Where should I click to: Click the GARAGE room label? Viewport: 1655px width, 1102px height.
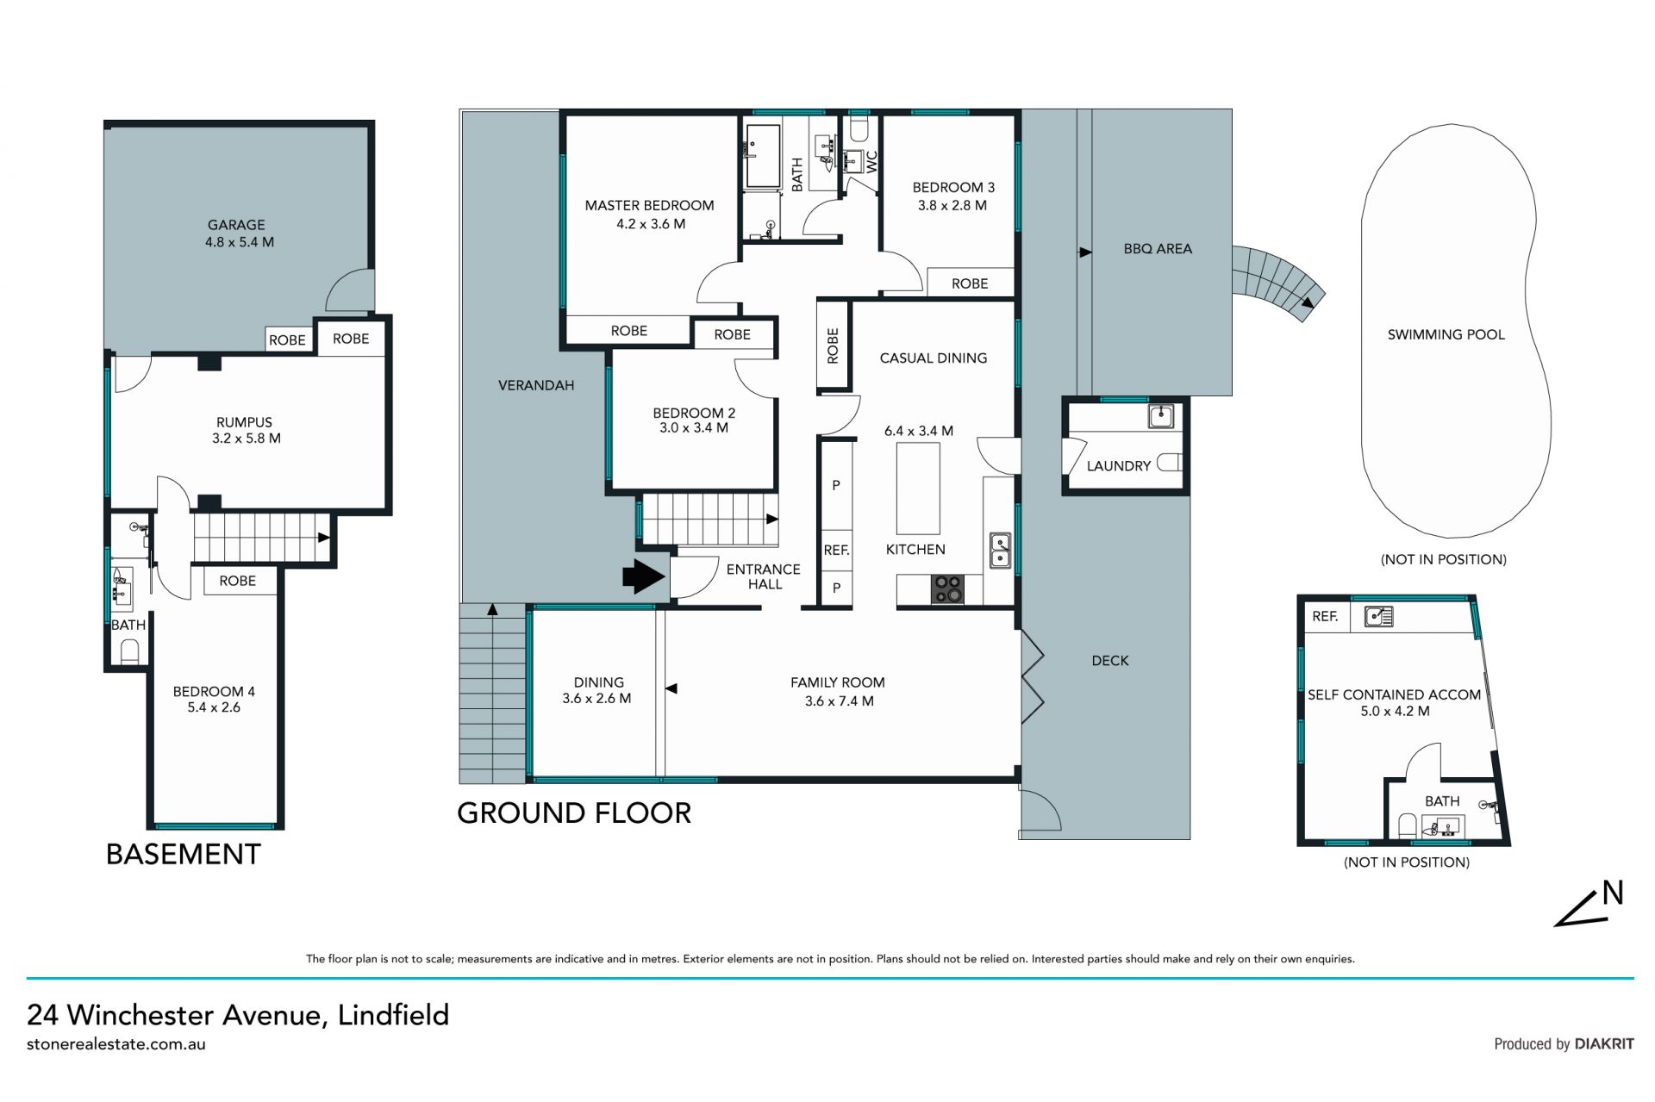[236, 225]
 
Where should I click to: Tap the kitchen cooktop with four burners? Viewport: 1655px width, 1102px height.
[947, 589]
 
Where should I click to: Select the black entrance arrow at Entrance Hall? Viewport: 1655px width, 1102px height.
[645, 576]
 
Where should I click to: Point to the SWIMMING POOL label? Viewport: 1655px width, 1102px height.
[1446, 334]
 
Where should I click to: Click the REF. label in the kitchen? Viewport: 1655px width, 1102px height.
[836, 550]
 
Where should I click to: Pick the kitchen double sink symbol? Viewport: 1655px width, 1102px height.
[999, 551]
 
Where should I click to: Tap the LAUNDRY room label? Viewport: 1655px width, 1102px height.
[1118, 466]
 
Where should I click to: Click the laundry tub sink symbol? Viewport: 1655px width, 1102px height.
[1161, 417]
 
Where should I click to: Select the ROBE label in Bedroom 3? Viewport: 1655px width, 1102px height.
[970, 283]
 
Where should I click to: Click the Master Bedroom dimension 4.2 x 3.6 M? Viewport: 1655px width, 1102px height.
[651, 224]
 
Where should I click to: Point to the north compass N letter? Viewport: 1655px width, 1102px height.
[1613, 893]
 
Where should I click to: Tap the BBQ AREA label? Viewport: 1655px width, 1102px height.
[1158, 249]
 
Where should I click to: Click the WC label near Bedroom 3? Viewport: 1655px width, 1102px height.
[871, 162]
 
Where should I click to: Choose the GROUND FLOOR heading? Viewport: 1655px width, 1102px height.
[574, 813]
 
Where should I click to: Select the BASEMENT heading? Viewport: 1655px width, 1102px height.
[183, 855]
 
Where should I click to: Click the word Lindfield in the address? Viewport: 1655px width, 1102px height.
[393, 1015]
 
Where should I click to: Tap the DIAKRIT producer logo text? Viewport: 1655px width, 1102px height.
[1604, 1044]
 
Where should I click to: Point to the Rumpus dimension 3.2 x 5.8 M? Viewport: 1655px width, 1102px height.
[247, 439]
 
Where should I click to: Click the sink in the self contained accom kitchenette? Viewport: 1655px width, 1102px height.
[1378, 617]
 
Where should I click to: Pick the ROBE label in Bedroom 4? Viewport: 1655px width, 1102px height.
[237, 582]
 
